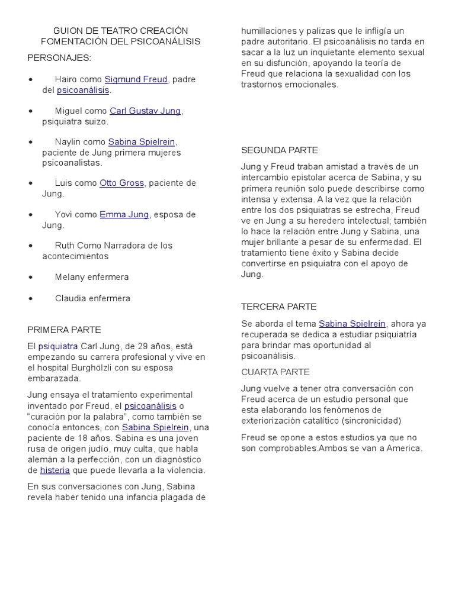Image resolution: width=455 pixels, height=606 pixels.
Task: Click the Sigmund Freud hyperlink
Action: [136, 79]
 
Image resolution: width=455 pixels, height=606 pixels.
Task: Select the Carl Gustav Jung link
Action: [146, 111]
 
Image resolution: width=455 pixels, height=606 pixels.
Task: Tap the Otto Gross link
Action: [121, 183]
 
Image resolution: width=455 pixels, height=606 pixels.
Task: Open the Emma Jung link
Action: [124, 214]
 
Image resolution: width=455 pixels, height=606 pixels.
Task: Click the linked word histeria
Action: [55, 470]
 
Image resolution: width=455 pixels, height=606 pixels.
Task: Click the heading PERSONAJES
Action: [59, 57]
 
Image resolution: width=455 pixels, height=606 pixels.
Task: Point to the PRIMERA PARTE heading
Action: [64, 330]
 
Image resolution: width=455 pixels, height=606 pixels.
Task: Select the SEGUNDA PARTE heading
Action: [280, 150]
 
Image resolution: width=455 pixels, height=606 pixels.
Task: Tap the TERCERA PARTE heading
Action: [278, 307]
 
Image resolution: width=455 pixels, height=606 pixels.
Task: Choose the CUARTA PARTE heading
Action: [275, 372]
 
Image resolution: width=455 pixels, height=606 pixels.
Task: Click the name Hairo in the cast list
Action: [66, 79]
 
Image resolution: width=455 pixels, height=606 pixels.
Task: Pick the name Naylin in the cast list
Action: [68, 142]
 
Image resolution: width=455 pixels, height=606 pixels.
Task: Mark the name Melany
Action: [71, 277]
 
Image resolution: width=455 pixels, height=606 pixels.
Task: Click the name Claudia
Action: [71, 298]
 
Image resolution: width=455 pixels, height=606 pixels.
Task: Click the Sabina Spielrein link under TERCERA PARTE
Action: [352, 324]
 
